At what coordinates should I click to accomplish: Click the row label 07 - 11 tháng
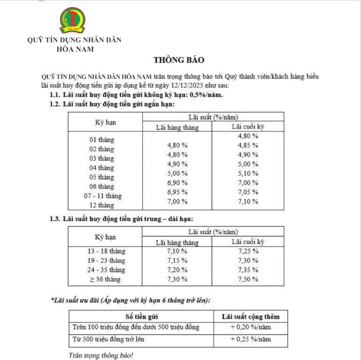pos(102,196)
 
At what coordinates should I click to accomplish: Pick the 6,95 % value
pos(177,192)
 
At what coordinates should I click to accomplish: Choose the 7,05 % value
pos(248,192)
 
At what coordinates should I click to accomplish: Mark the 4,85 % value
pos(248,145)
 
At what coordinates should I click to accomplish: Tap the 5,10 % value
pos(248,173)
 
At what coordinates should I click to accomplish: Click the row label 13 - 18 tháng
pos(102,251)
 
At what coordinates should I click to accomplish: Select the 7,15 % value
pos(177,260)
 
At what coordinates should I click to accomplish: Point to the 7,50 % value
pos(248,279)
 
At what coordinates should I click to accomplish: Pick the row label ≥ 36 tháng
pos(102,279)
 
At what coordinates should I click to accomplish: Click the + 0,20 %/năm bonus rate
pos(250,327)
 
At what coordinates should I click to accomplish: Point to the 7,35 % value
pos(248,270)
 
